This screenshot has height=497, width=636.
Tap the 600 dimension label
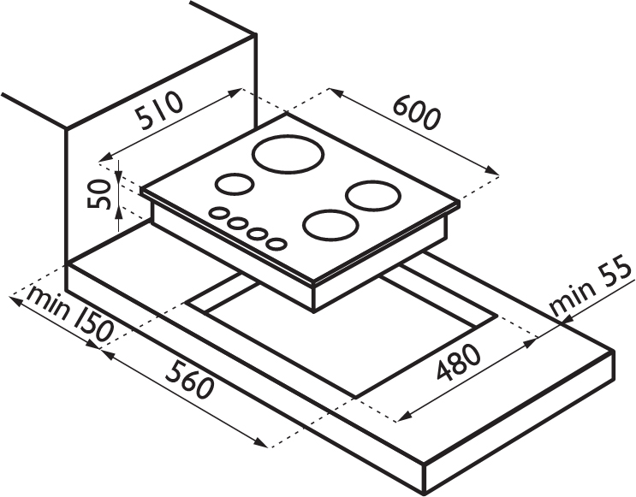417,113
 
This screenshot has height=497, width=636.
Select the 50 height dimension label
99,194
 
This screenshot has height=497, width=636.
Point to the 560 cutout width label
189,380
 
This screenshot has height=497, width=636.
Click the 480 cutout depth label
458,363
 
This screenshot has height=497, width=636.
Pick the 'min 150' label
69,315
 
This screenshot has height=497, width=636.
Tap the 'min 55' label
591,288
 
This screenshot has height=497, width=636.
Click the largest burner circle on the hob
288,155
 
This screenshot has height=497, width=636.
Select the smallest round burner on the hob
235,184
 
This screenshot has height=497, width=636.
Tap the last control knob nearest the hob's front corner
276,244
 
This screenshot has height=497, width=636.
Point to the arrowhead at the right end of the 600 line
492,170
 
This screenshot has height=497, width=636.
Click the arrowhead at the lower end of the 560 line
261,442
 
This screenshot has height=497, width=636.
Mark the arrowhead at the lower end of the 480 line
403,417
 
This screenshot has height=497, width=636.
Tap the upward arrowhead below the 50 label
118,212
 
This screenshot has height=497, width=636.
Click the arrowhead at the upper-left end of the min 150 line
15,300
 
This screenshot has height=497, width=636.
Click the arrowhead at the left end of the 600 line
336,92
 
